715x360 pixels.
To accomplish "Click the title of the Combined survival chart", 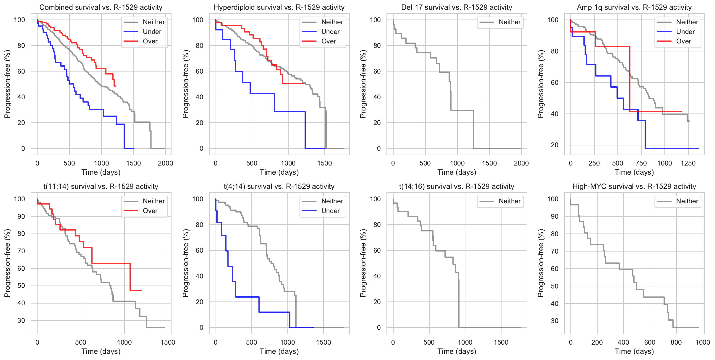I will (x=101, y=7).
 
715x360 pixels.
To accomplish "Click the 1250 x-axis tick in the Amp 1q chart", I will (x=688, y=163).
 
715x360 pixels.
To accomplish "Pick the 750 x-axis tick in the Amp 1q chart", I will (x=641, y=163).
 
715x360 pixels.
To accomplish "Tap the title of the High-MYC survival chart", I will (x=634, y=187).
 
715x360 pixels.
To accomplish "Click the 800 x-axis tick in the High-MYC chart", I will (x=676, y=342).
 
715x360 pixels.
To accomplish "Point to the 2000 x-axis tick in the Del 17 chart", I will (x=521, y=163).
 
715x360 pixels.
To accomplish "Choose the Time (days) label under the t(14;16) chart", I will (x=457, y=351).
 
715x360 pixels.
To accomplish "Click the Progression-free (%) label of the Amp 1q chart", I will (x=541, y=84).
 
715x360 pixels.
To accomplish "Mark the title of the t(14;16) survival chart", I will (x=457, y=187).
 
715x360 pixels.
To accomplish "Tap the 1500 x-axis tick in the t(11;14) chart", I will (x=168, y=342).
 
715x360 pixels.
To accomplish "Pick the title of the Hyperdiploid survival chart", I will (x=279, y=7).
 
